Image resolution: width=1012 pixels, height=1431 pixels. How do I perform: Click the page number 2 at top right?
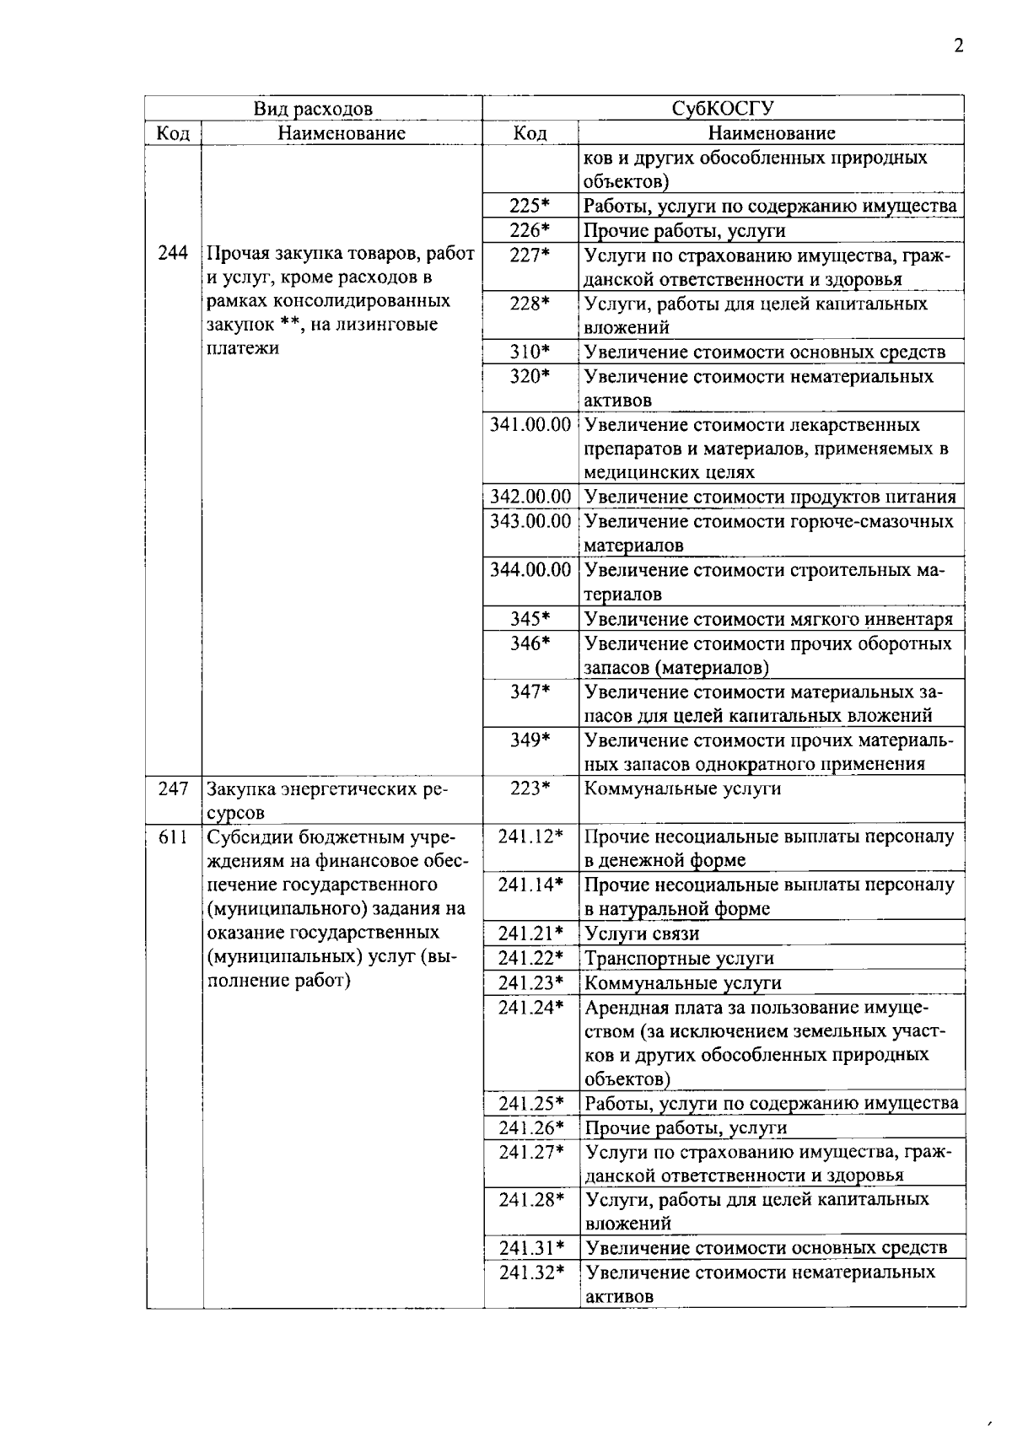click(958, 46)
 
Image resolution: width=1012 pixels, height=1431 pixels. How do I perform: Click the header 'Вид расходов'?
click(313, 109)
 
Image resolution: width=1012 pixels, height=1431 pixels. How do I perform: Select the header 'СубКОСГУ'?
click(723, 109)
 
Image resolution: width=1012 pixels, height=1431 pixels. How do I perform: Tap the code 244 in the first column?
click(173, 253)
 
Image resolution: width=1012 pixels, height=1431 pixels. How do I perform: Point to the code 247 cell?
click(173, 789)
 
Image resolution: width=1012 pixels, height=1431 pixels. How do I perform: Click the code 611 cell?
click(173, 837)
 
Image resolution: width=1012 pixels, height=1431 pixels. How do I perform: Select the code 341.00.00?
click(530, 425)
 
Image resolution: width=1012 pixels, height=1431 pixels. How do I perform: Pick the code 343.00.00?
click(530, 522)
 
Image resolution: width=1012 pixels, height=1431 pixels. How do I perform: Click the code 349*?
click(530, 740)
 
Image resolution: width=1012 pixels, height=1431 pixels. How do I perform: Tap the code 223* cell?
click(530, 789)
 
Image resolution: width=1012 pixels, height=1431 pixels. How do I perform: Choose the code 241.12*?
click(530, 837)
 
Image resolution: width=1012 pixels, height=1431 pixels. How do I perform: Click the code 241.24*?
click(530, 1008)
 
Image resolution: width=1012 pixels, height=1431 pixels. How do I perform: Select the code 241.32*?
click(530, 1272)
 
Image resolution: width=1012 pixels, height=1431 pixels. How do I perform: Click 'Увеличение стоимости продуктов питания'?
click(770, 498)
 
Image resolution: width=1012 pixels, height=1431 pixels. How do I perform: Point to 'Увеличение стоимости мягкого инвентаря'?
click(768, 620)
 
